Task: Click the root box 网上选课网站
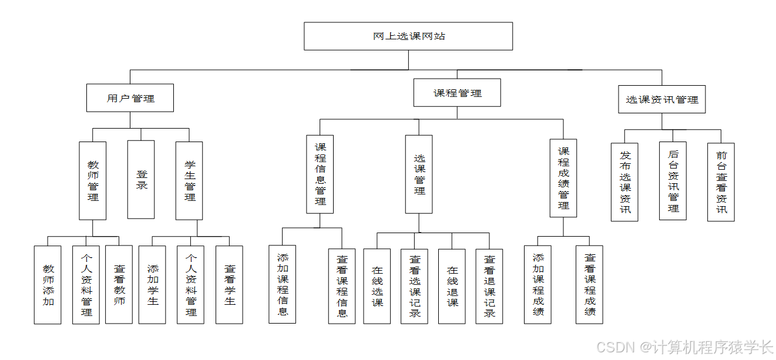[408, 36]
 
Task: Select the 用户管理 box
[130, 98]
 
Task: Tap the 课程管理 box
[457, 93]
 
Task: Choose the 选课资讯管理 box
[661, 99]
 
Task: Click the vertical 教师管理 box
[93, 180]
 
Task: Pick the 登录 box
[141, 179]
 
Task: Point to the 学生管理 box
[189, 180]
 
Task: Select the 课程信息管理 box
[320, 174]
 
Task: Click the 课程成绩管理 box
[563, 178]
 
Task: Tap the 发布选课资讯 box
[624, 181]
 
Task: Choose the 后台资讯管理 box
[673, 181]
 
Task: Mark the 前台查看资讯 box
[721, 181]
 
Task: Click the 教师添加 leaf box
[48, 285]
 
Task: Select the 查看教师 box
[119, 285]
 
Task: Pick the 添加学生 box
[152, 285]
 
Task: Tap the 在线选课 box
[377, 286]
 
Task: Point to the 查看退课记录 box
[489, 286]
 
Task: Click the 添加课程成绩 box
[538, 285]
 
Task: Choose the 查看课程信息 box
[342, 286]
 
